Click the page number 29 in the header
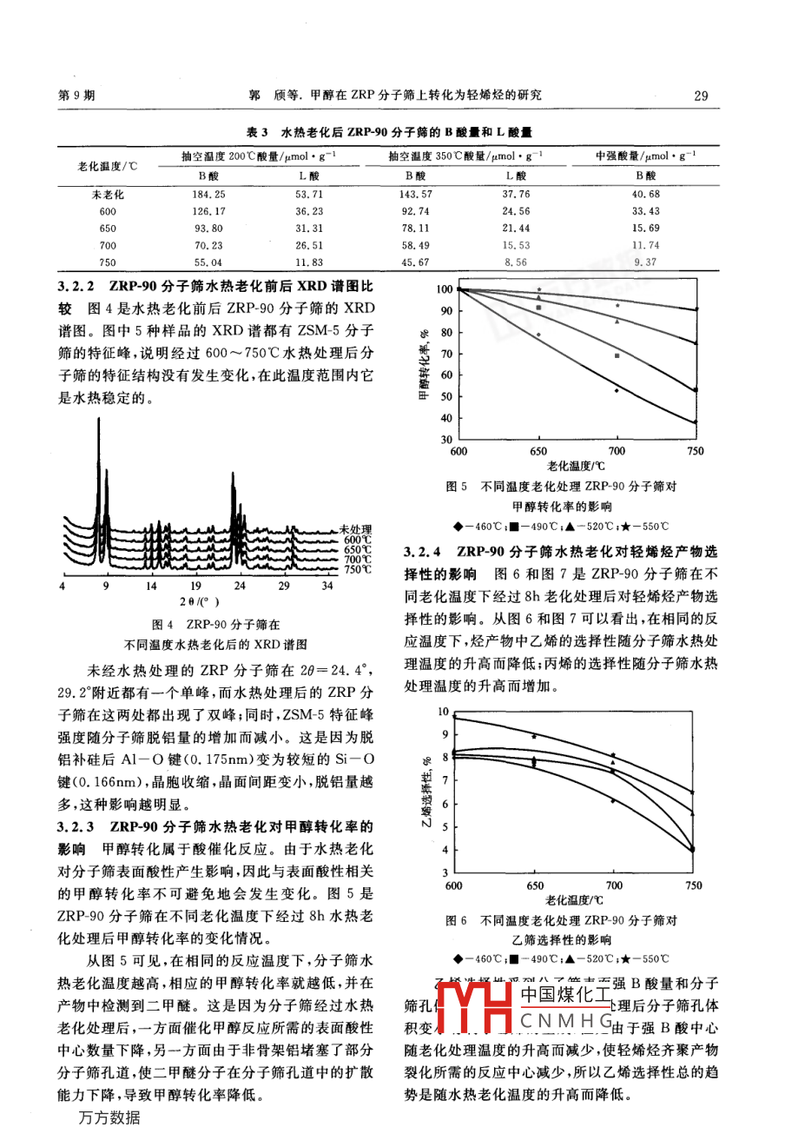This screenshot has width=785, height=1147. point(702,96)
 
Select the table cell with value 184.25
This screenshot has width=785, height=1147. point(208,195)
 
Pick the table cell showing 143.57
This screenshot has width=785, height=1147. point(415,195)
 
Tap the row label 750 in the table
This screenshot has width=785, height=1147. point(108,262)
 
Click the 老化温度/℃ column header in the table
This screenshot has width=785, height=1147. point(108,166)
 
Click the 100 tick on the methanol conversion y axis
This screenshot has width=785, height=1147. point(444,289)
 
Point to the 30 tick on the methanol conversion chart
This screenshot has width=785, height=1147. point(446,440)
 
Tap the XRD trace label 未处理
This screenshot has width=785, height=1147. point(355,529)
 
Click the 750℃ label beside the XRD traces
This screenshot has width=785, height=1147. point(357,570)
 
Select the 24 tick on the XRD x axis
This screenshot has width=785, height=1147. point(240,587)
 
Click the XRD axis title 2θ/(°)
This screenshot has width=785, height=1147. point(199,601)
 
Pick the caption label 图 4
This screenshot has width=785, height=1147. point(163,624)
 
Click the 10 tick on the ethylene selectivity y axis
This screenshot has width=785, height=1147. point(443,712)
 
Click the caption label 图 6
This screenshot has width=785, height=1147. point(457,920)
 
